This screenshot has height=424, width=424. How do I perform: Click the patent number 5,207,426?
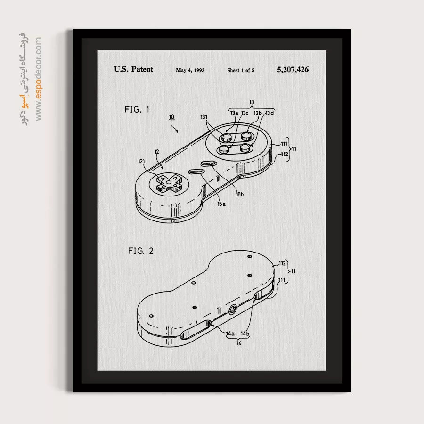293,70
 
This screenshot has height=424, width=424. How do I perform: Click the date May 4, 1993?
190,70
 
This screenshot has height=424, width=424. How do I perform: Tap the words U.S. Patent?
134,69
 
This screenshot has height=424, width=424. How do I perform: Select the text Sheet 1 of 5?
241,70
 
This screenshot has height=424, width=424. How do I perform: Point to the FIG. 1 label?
137,109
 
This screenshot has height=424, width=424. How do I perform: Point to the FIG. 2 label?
140,251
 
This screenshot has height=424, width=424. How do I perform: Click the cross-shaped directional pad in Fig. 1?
169,183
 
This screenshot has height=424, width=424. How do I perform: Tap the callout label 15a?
221,204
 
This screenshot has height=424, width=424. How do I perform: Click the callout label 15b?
240,194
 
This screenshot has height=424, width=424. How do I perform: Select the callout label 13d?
269,113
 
